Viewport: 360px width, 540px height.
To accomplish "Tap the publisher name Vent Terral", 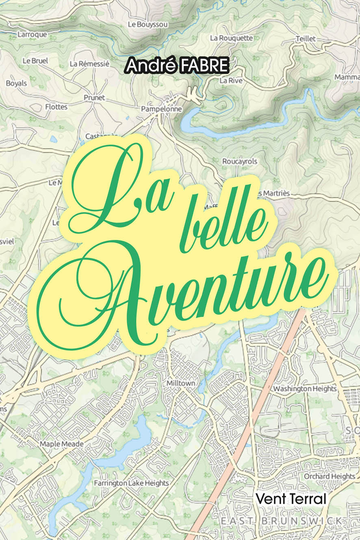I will coord(291,499).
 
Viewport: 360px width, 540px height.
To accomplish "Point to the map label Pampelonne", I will coord(161,109).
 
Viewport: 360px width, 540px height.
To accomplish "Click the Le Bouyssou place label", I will coord(147,25).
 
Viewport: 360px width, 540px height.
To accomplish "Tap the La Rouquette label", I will coord(231,38).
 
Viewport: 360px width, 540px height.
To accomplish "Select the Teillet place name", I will coord(306,38).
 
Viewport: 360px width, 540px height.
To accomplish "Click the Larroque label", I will coord(32,35).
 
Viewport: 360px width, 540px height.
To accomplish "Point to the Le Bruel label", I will coord(35,61).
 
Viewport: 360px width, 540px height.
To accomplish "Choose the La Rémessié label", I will coord(89,64).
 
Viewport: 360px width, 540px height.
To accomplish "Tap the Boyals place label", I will coord(16,83).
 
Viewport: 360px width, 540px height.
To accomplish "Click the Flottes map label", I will coord(56,107).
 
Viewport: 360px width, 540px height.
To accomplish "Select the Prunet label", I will coord(94,98).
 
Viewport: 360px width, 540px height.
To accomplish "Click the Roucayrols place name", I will coord(240,161).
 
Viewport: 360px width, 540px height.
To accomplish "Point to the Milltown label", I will coord(181,383).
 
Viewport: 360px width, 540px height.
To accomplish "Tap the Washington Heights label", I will coord(305,389).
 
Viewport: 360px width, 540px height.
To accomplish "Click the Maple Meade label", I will coord(61,444).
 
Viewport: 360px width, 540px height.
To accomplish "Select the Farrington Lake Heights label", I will coord(131,483).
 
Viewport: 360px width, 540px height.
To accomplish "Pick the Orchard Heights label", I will coord(330,476).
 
